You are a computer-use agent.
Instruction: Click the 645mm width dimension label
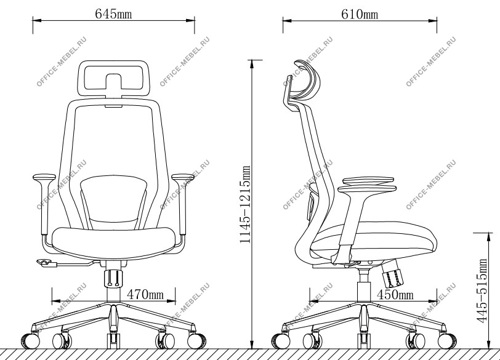(113, 14)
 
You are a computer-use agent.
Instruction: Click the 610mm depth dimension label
(360, 14)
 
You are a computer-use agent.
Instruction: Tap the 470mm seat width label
(145, 294)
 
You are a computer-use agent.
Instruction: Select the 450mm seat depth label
(395, 295)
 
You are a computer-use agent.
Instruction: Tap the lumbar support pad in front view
(113, 200)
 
